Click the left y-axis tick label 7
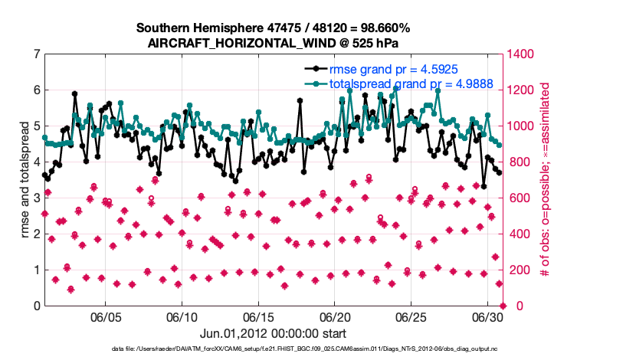coord(37,54)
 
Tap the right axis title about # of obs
coord(546,180)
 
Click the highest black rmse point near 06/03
coord(74,94)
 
